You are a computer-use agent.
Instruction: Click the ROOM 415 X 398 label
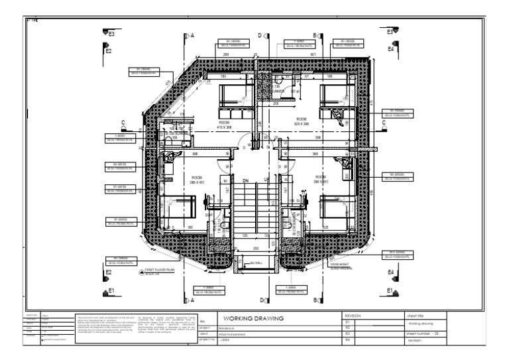pyautogui.click(x=224, y=124)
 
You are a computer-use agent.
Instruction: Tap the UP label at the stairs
pyautogui.click(x=267, y=180)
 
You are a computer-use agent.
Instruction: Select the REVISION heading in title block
pyautogui.click(x=353, y=316)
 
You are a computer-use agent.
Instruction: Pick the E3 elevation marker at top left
pyautogui.click(x=111, y=32)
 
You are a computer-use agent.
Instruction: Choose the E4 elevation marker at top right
pyautogui.click(x=391, y=49)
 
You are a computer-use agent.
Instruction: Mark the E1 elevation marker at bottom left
pyautogui.click(x=111, y=290)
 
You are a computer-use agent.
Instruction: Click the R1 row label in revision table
pyautogui.click(x=347, y=322)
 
